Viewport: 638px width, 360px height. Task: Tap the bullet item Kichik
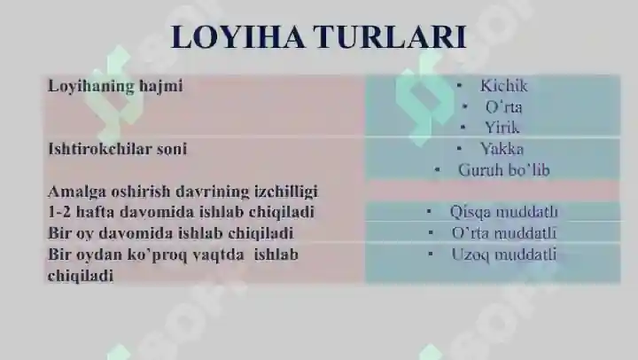pyautogui.click(x=503, y=86)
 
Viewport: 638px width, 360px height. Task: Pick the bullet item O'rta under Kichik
pyautogui.click(x=503, y=106)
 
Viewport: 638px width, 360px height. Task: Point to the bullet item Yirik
pyautogui.click(x=502, y=127)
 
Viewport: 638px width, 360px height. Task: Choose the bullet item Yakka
pyautogui.click(x=502, y=149)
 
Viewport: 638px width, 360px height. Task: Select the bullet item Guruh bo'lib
pyautogui.click(x=503, y=169)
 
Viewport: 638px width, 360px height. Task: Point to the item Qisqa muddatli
pyautogui.click(x=503, y=212)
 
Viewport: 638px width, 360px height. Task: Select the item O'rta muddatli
pyautogui.click(x=503, y=233)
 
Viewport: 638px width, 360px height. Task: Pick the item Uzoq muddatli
pyautogui.click(x=503, y=254)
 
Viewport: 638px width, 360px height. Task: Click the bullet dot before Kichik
pyautogui.click(x=460, y=86)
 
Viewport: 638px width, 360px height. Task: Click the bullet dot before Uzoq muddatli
pyautogui.click(x=430, y=254)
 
